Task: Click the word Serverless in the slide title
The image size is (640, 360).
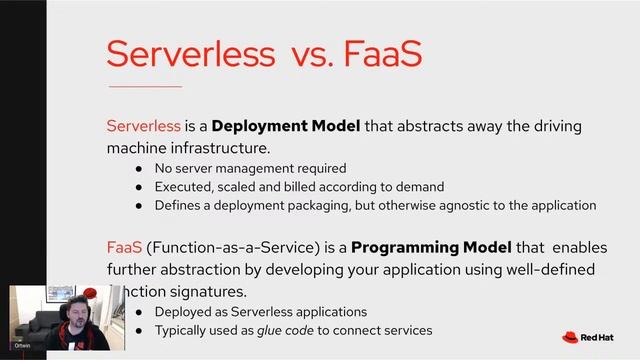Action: pos(177,54)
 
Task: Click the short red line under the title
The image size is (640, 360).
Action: pos(144,87)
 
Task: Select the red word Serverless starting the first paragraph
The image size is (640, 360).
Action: pos(144,127)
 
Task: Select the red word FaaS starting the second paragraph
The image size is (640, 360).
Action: pos(124,247)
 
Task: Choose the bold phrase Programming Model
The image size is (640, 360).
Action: pos(432,247)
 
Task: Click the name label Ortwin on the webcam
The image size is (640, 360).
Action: pos(22,344)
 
